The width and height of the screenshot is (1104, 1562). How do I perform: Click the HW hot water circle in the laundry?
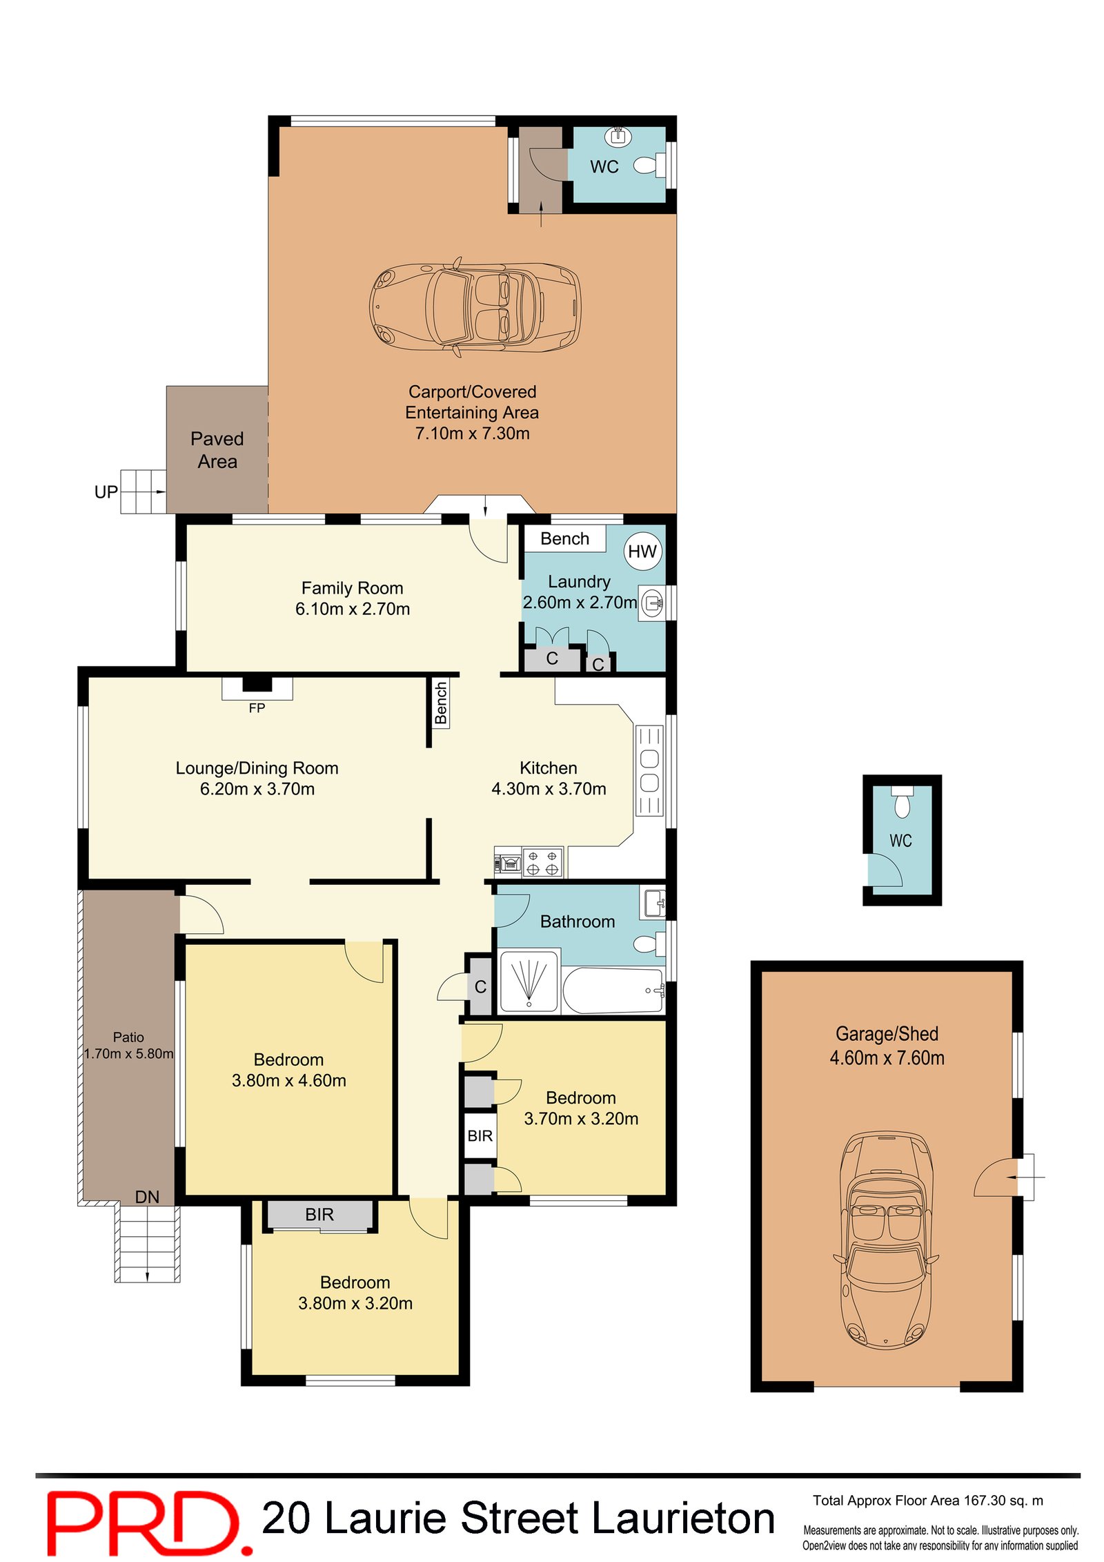(642, 551)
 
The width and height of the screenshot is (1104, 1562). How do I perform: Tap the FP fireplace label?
(257, 707)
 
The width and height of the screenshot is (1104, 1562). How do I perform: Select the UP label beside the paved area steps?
(106, 492)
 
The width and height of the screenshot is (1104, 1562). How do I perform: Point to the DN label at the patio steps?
(147, 1197)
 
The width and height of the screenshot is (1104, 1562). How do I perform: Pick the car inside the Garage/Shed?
(886, 1240)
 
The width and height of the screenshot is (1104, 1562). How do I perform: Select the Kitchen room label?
(549, 768)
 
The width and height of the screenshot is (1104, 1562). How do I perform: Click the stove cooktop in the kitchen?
(542, 862)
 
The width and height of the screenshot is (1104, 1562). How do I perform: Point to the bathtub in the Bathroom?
(613, 990)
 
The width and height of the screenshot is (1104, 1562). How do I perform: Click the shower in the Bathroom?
(529, 981)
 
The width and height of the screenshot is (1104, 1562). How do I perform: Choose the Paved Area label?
(217, 450)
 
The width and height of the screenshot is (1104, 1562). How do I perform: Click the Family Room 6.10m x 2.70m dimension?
(353, 609)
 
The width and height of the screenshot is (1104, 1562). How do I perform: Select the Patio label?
(128, 1037)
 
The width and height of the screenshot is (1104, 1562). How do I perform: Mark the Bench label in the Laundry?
(564, 538)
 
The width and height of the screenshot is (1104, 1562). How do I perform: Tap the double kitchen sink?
(649, 770)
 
